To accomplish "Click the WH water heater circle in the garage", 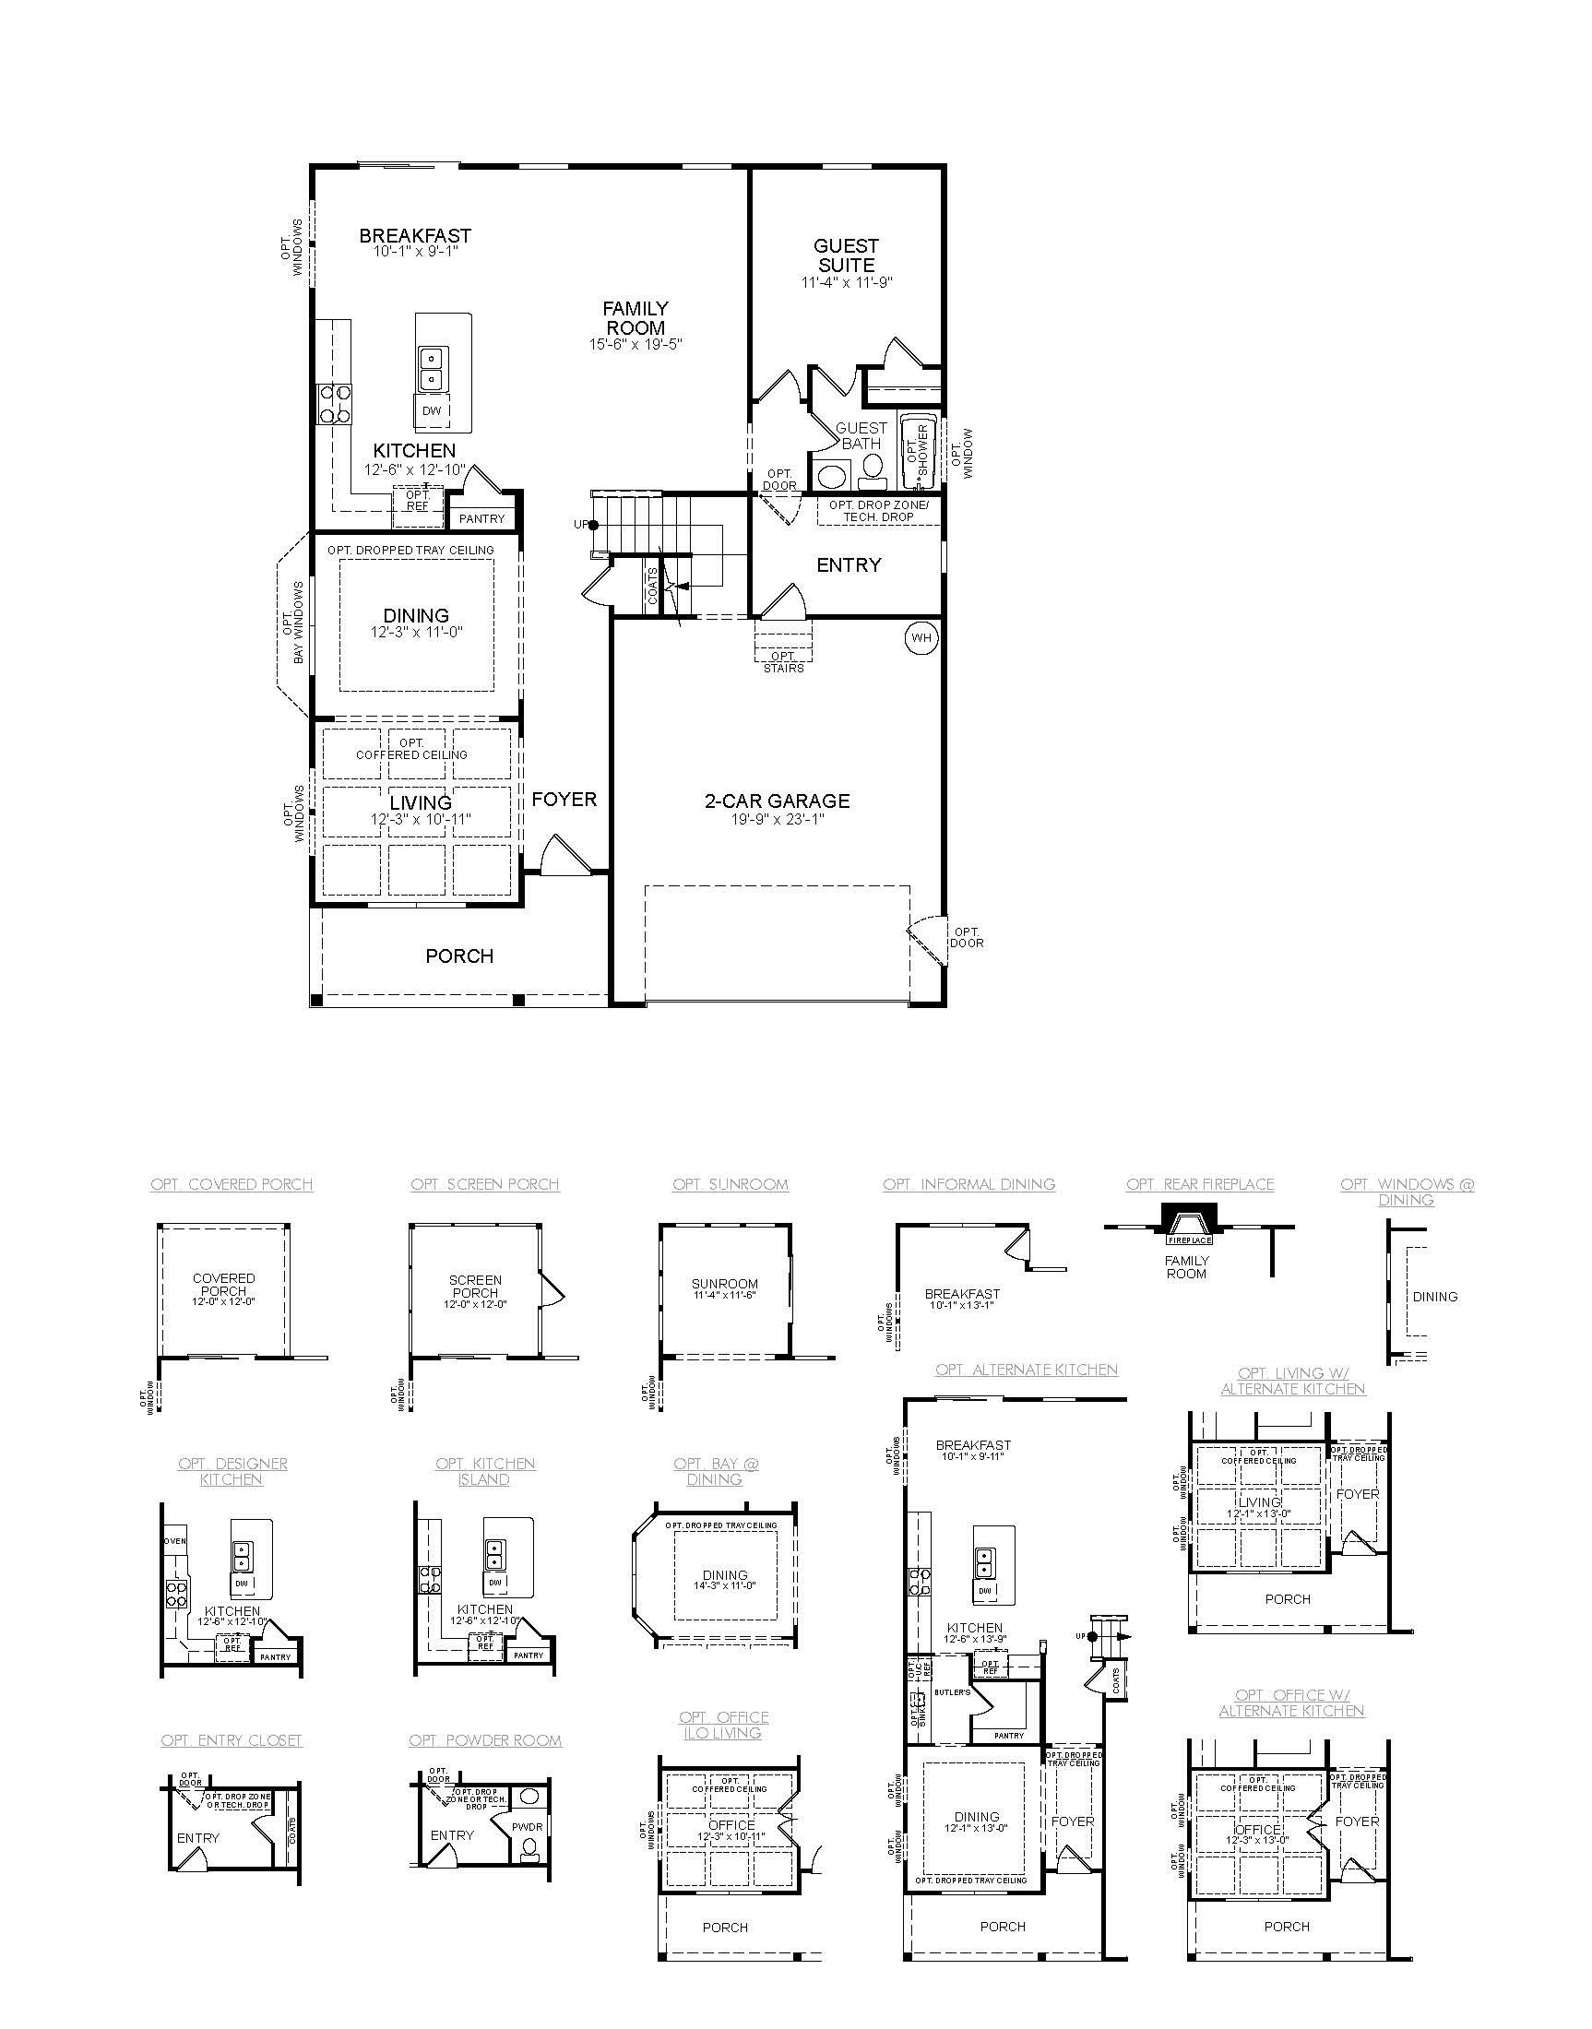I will (x=921, y=638).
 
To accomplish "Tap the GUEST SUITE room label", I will (x=846, y=255).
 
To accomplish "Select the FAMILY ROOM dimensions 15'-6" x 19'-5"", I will (x=636, y=345).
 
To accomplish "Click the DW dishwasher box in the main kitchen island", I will (x=432, y=411).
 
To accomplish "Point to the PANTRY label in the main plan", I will (x=481, y=519).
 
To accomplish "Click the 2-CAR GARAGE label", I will (x=778, y=801).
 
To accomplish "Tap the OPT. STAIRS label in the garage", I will (x=783, y=663).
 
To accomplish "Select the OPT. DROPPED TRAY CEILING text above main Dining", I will (x=410, y=551).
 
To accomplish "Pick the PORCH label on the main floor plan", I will (x=459, y=956).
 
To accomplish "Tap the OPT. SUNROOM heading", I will (x=730, y=1184).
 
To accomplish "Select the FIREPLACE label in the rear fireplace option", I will (x=1188, y=1241).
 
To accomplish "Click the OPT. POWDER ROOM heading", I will (x=484, y=1741).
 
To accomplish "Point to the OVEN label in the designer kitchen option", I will (x=175, y=1540).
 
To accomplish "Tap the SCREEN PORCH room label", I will (x=474, y=1287).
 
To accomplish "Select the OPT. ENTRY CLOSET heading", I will (x=232, y=1741).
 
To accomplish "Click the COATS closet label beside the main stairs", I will (x=652, y=586).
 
